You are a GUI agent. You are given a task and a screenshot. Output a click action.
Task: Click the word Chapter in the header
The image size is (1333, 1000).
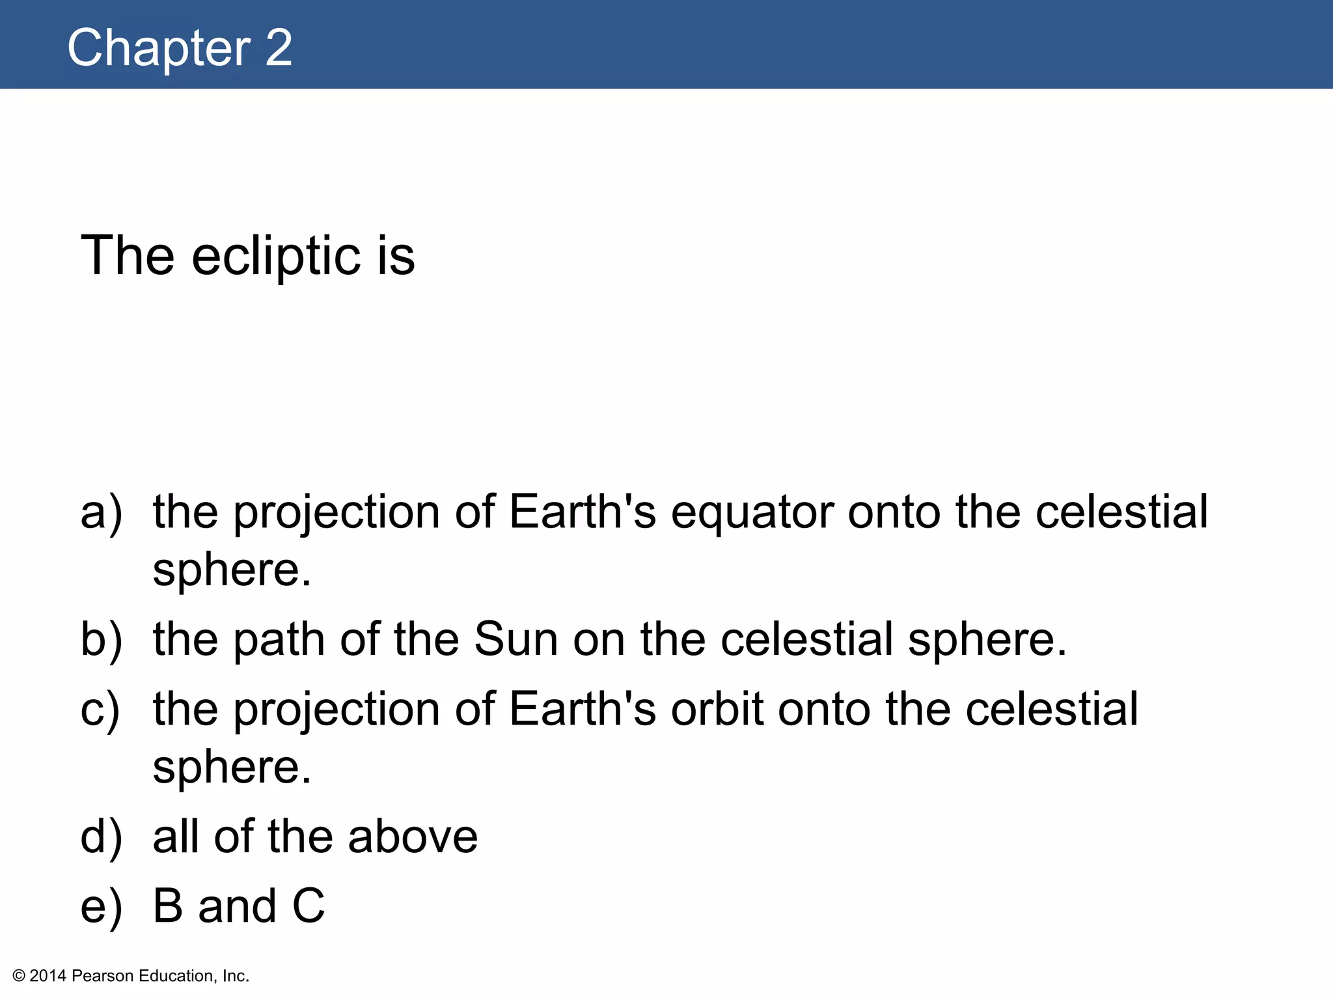pos(159,48)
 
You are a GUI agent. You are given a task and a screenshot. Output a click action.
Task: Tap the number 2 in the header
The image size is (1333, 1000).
pos(279,48)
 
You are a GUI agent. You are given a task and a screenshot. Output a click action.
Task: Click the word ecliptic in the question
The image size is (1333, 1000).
pos(276,256)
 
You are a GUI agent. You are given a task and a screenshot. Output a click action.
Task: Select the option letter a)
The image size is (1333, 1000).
pos(102,512)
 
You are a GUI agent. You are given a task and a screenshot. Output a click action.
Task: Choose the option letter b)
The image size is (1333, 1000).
pos(102,639)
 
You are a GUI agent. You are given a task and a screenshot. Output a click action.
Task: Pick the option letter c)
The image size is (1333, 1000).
pos(100,709)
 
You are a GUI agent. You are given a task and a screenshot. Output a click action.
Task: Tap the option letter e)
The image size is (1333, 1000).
pos(102,906)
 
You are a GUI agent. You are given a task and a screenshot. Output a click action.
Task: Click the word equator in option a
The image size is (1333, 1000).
pos(752,513)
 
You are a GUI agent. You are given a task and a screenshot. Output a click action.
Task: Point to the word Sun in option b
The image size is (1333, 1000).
pos(516,639)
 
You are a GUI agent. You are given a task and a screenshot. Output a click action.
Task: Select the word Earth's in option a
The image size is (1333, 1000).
pos(583,512)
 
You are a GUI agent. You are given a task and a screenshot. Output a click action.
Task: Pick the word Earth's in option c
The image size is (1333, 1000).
pos(583,709)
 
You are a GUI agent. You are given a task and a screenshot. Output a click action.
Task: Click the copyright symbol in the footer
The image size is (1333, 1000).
pos(19,976)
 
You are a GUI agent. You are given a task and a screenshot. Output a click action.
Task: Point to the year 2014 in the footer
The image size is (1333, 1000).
pos(48,976)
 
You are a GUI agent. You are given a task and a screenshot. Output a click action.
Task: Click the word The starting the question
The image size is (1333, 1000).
pos(128,256)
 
